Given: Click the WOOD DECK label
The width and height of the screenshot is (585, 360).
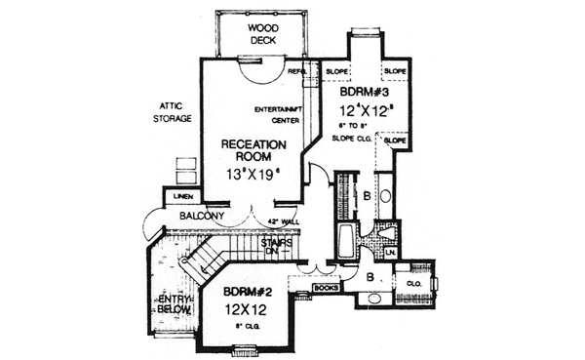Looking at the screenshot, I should click(261, 34).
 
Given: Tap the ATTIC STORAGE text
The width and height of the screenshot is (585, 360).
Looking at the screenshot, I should click(171, 111).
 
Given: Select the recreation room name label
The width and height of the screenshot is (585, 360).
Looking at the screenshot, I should click(253, 151).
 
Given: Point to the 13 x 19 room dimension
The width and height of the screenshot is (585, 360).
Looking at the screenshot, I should click(253, 175).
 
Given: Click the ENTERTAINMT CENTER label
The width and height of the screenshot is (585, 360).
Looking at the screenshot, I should click(277, 112).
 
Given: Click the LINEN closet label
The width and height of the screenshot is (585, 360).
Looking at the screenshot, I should click(181, 197).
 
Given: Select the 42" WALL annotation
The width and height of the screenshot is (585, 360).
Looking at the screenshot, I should click(283, 222).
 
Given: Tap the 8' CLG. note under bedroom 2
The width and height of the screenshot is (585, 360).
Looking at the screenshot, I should click(242, 324).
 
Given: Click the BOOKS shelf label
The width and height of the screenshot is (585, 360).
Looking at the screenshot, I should click(326, 288).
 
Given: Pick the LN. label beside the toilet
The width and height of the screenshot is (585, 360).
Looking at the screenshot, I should click(389, 254).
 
